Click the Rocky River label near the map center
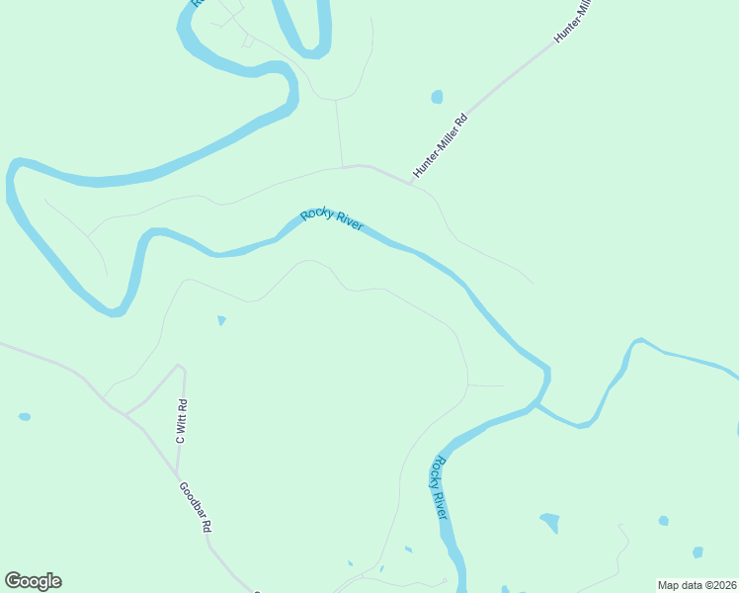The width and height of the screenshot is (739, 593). pyautogui.click(x=332, y=219)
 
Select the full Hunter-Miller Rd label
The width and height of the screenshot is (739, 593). pyautogui.click(x=440, y=145)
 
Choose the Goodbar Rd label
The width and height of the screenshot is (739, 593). pyautogui.click(x=195, y=508)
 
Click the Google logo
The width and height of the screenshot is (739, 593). pyautogui.click(x=33, y=581)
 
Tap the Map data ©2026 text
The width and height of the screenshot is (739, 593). pyautogui.click(x=697, y=585)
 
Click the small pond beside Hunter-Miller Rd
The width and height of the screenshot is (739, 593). pyautogui.click(x=437, y=97)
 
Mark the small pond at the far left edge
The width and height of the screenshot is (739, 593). pyautogui.click(x=24, y=417)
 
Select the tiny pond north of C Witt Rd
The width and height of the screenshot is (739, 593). pyautogui.click(x=221, y=320)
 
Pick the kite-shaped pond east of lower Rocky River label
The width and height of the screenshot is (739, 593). pyautogui.click(x=549, y=522)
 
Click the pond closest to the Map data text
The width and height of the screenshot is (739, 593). pyautogui.click(x=698, y=552)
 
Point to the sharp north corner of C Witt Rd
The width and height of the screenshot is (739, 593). pyautogui.click(x=180, y=366)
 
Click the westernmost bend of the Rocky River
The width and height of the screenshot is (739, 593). pyautogui.click(x=11, y=183)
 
